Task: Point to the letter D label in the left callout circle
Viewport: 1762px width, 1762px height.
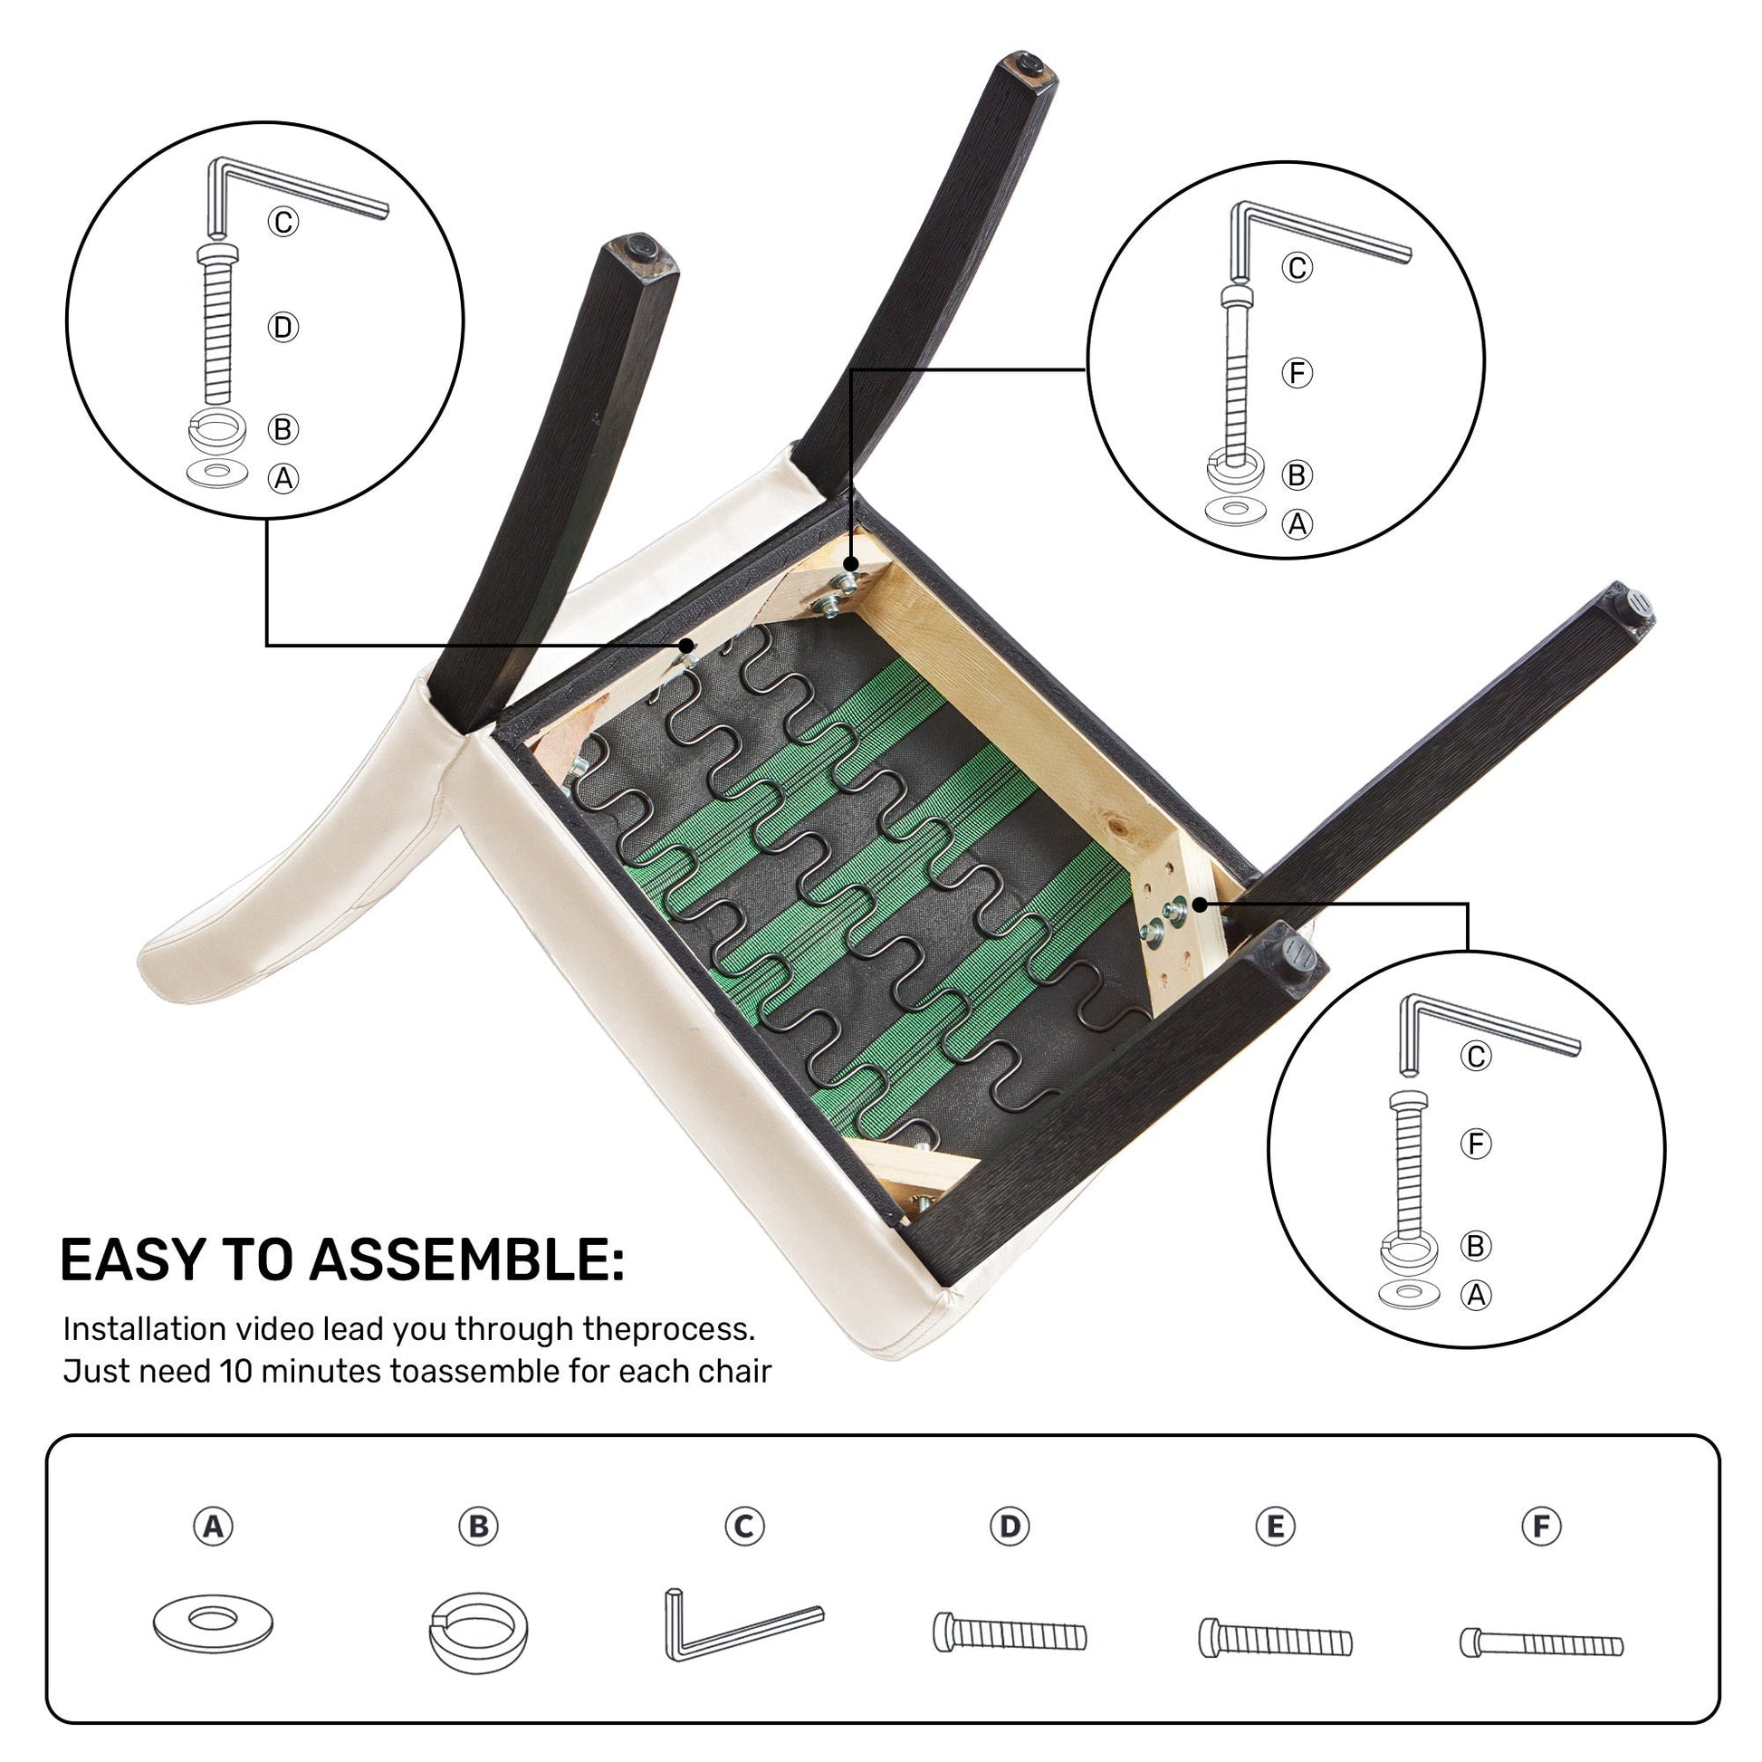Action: coord(282,328)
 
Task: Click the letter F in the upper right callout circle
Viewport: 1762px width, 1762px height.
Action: coord(1297,373)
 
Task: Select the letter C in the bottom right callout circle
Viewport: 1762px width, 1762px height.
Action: coord(1476,1056)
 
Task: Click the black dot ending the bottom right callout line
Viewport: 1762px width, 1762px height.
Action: coord(1201,904)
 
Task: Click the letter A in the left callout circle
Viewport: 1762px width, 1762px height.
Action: coord(282,478)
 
